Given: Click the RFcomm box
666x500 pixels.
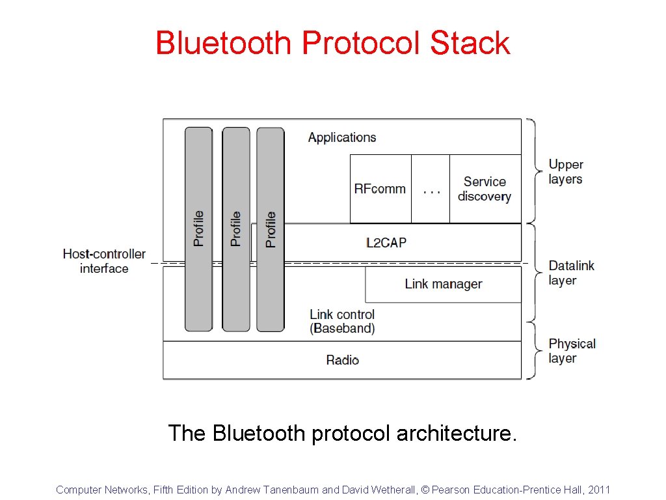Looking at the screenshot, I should [380, 189].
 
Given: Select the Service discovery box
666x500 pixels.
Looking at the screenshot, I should [485, 189].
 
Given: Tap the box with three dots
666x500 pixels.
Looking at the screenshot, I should [431, 189].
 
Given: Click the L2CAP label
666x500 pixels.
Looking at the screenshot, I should [386, 243].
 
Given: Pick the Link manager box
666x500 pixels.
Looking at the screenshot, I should [443, 284].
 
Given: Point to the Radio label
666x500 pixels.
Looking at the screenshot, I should [342, 360].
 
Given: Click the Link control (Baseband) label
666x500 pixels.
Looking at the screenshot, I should [342, 322].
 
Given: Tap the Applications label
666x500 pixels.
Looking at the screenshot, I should [342, 137].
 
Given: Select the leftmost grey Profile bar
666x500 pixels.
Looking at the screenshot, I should [198, 229].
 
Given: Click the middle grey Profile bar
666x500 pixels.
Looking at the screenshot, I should [235, 229].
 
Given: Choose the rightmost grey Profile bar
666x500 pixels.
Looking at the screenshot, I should [271, 229].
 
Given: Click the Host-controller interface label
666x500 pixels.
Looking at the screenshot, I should [104, 261].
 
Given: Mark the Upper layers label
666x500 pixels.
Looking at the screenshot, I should [565, 172].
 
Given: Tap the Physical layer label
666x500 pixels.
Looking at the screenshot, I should [572, 350].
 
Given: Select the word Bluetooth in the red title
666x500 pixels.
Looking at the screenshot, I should [223, 43].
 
